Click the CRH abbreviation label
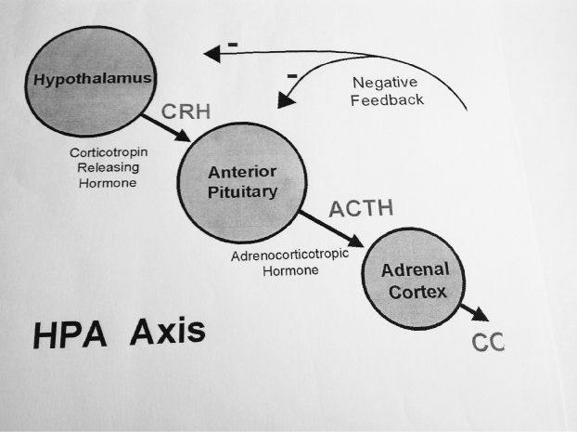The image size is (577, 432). tap(185, 112)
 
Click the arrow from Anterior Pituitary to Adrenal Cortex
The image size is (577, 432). tap(329, 229)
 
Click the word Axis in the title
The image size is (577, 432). tap(168, 330)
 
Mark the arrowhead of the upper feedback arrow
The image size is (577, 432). tap(212, 54)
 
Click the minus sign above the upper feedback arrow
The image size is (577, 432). tap(232, 42)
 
